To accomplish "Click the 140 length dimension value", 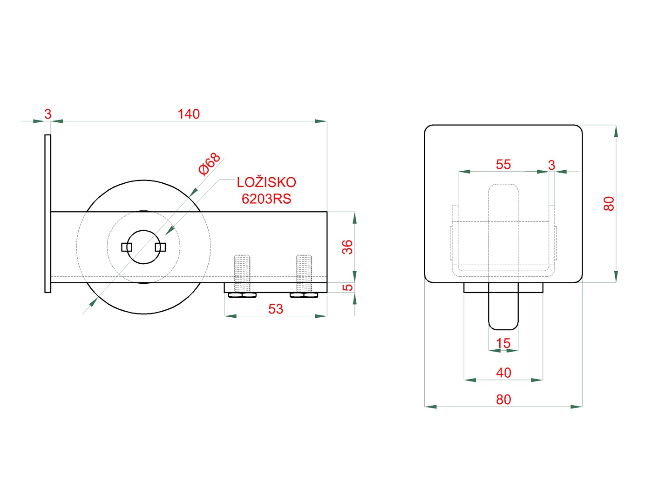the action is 189,114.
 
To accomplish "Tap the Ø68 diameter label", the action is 210,164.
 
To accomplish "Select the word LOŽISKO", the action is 266,182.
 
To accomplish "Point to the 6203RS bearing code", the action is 266,199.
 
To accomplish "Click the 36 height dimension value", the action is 347,247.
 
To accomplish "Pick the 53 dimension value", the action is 276,309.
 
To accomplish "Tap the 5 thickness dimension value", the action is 347,287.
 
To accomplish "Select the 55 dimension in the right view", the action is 503,164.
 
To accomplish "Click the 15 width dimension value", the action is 503,343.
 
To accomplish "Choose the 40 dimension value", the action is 503,373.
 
